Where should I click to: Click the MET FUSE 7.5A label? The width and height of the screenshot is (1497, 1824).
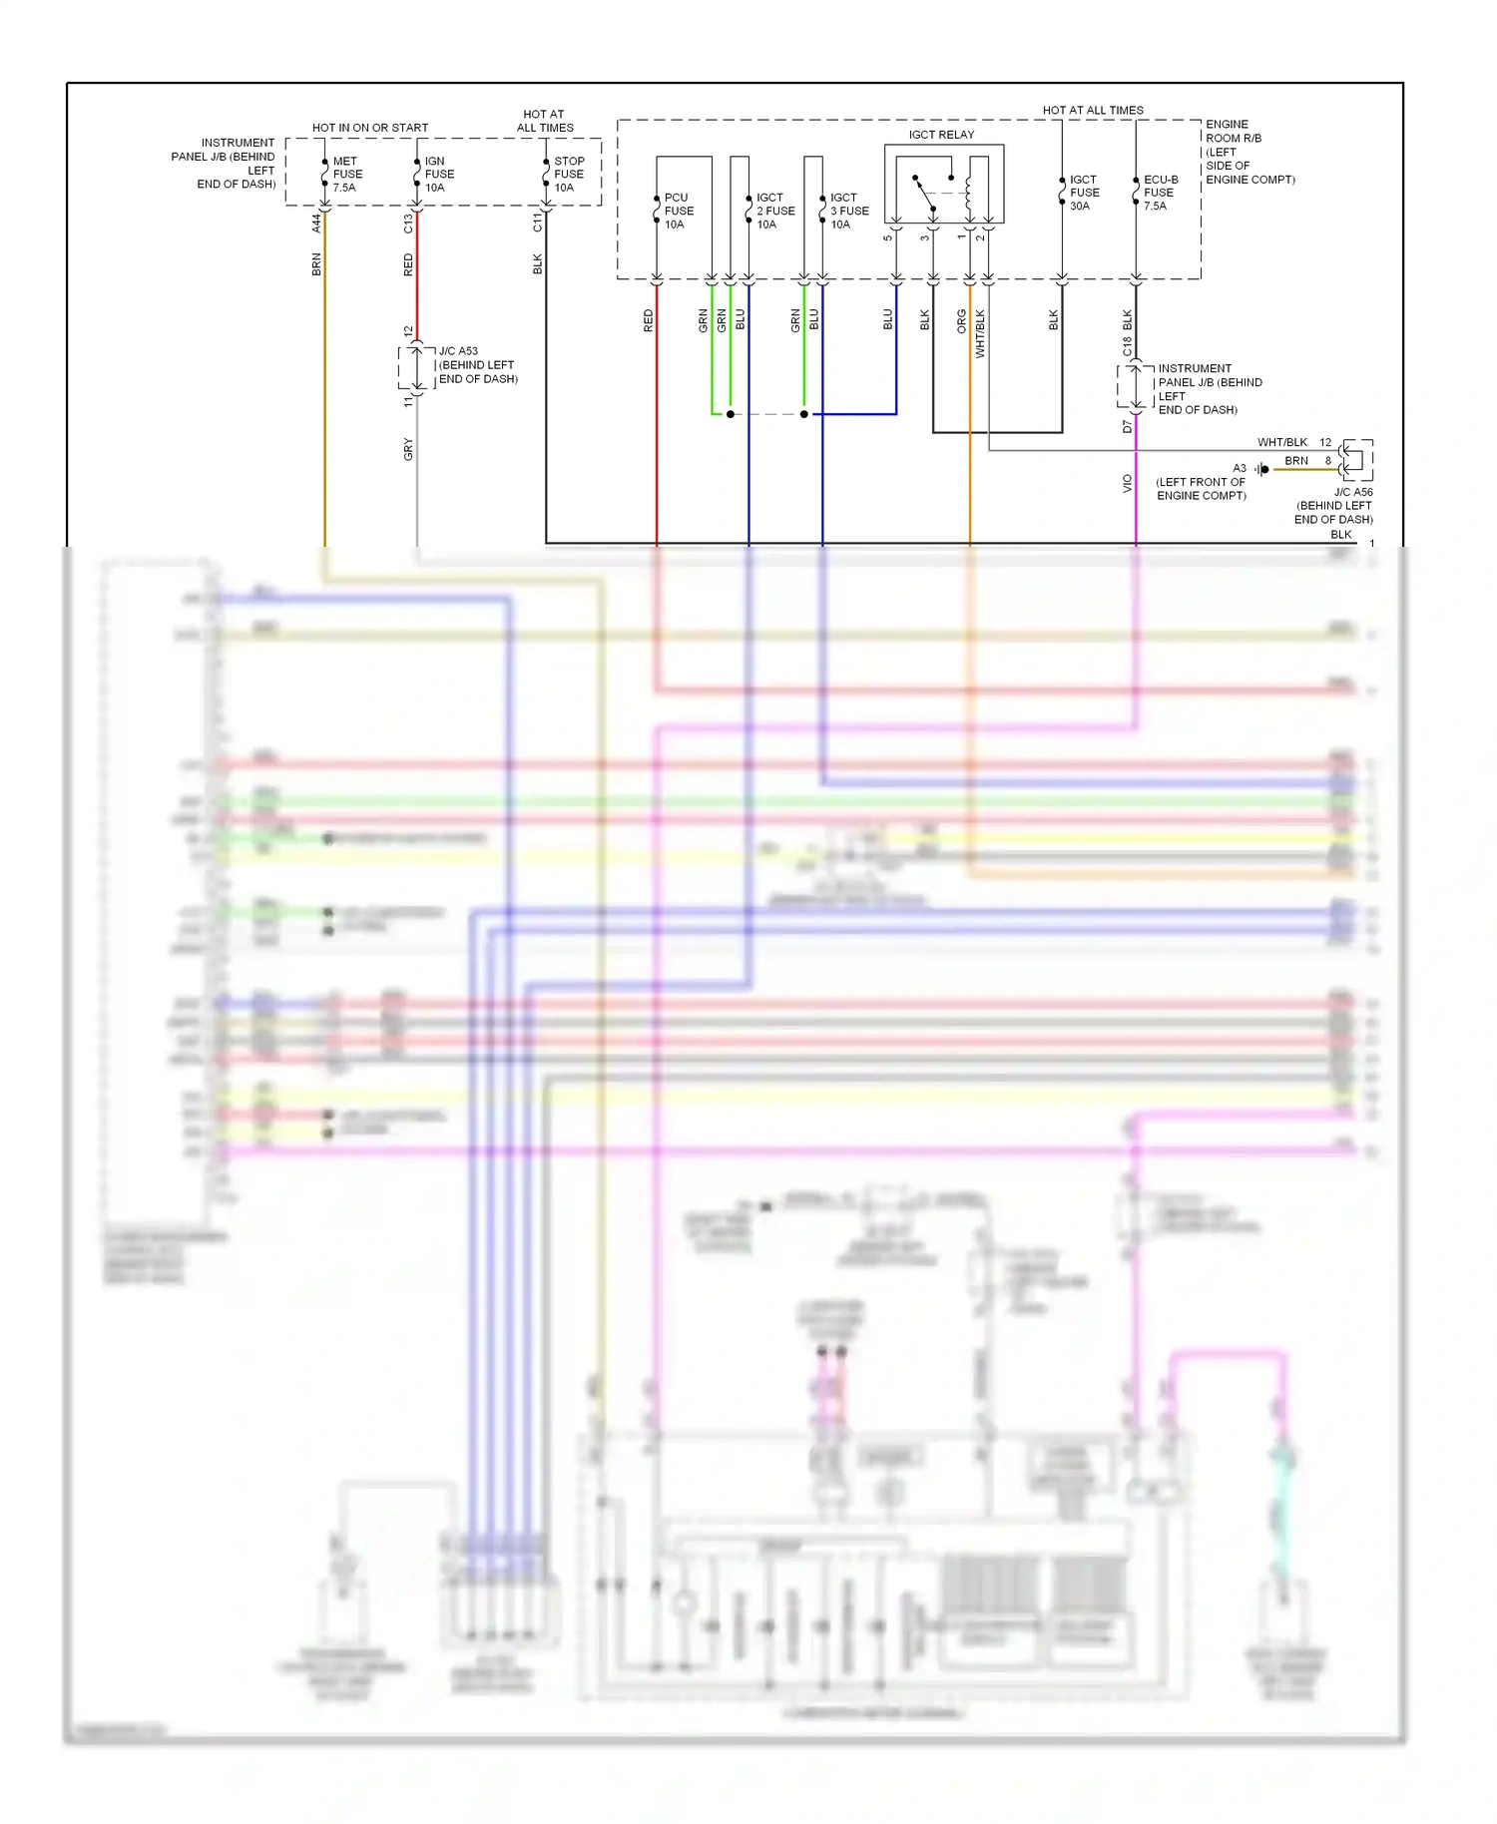click(346, 175)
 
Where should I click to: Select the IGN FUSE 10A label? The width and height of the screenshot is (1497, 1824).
click(438, 175)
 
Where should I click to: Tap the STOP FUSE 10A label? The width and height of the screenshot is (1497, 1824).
click(568, 175)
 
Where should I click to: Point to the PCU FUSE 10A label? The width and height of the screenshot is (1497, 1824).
click(678, 212)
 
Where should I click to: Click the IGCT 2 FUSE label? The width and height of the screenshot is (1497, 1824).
click(774, 212)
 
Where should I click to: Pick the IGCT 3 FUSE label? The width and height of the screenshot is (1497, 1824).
click(848, 212)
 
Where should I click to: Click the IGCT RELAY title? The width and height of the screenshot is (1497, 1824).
click(941, 135)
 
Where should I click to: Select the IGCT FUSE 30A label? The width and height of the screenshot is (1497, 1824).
click(1084, 193)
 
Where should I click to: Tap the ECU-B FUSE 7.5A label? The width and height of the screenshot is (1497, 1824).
click(1160, 193)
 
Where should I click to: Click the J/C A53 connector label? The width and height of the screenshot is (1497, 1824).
click(477, 365)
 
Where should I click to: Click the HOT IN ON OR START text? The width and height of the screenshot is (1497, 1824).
click(369, 128)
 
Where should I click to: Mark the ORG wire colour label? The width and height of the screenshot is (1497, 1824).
click(961, 320)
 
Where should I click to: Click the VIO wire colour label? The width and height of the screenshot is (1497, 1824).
click(1128, 483)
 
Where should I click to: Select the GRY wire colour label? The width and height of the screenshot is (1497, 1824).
click(408, 450)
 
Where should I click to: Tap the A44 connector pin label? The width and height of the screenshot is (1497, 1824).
click(316, 224)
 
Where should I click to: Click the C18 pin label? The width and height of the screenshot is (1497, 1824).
click(1128, 346)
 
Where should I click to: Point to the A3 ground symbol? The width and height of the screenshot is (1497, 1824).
click(1262, 469)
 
